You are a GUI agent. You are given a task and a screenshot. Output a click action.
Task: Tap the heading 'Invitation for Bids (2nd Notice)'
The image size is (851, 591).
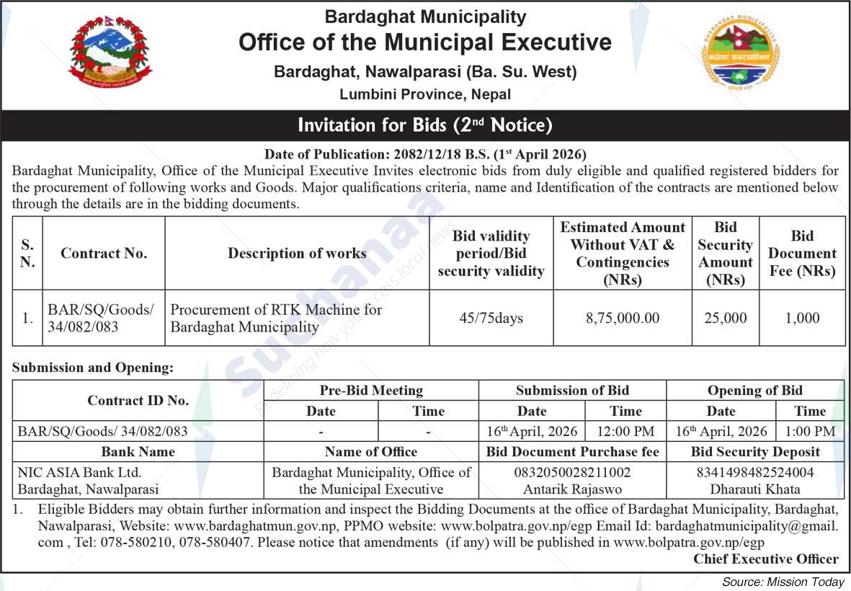[425, 125]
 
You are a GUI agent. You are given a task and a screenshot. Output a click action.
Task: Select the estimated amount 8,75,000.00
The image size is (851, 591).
[623, 318]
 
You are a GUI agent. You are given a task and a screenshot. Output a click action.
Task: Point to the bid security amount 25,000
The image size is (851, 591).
[725, 318]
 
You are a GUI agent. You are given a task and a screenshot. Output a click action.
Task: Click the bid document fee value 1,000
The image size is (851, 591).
[802, 318]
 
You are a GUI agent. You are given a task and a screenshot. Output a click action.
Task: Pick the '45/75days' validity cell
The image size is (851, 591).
[491, 318]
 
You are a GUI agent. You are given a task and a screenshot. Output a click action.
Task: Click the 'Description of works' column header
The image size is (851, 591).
[297, 253]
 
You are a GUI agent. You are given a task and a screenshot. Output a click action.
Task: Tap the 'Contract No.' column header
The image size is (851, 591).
[104, 253]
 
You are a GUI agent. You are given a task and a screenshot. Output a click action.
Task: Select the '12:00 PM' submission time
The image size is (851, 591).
[625, 432]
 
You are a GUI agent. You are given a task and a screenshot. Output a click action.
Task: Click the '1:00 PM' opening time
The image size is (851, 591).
[810, 432]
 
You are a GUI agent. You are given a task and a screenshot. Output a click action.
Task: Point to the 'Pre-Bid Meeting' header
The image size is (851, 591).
[371, 391]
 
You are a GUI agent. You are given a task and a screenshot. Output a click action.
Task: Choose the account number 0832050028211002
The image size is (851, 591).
[572, 473]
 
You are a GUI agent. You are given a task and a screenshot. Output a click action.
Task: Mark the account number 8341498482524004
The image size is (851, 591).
[755, 473]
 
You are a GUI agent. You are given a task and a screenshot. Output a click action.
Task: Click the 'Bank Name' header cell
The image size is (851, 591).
[138, 452]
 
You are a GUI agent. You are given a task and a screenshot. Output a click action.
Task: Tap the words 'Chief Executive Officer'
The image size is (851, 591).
[766, 559]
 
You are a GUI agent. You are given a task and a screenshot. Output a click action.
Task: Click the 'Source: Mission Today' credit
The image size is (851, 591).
[783, 582]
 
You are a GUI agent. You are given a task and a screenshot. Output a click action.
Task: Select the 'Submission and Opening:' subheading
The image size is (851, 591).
[93, 368]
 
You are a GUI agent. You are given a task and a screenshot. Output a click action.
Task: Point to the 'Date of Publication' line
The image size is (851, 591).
[425, 154]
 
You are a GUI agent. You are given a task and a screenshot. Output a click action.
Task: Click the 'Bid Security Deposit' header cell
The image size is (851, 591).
[755, 452]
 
